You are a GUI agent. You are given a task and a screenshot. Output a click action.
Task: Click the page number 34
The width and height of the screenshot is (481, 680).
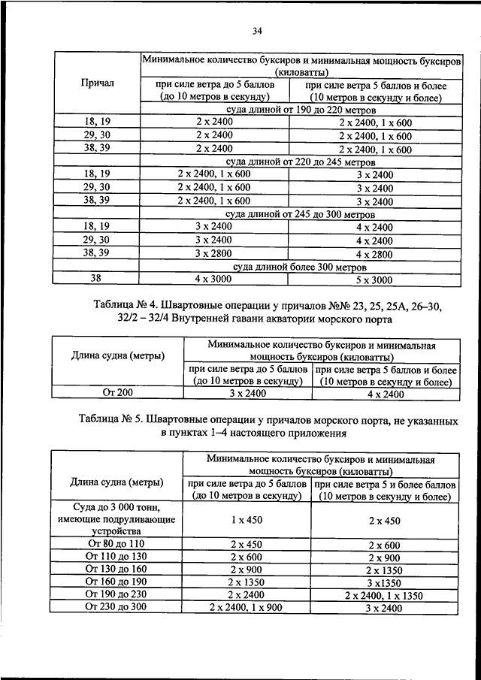(x=256, y=31)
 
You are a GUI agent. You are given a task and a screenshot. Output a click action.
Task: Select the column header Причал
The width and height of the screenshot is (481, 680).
(x=97, y=83)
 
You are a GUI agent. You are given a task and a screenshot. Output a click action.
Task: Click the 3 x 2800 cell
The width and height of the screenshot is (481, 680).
(x=214, y=254)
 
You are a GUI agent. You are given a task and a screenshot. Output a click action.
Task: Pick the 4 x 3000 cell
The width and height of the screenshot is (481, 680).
(x=214, y=280)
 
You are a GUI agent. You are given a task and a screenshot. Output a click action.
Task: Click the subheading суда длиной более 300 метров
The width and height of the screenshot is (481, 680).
(x=299, y=267)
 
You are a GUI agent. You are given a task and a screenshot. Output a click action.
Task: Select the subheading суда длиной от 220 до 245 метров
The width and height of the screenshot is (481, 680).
(x=299, y=162)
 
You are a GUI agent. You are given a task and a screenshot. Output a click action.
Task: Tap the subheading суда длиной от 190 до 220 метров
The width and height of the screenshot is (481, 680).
(x=299, y=110)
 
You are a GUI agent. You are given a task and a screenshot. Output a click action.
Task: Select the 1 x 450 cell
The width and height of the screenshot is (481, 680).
(x=246, y=520)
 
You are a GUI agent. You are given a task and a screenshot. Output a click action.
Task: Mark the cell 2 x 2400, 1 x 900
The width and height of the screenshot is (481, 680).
(x=246, y=607)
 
